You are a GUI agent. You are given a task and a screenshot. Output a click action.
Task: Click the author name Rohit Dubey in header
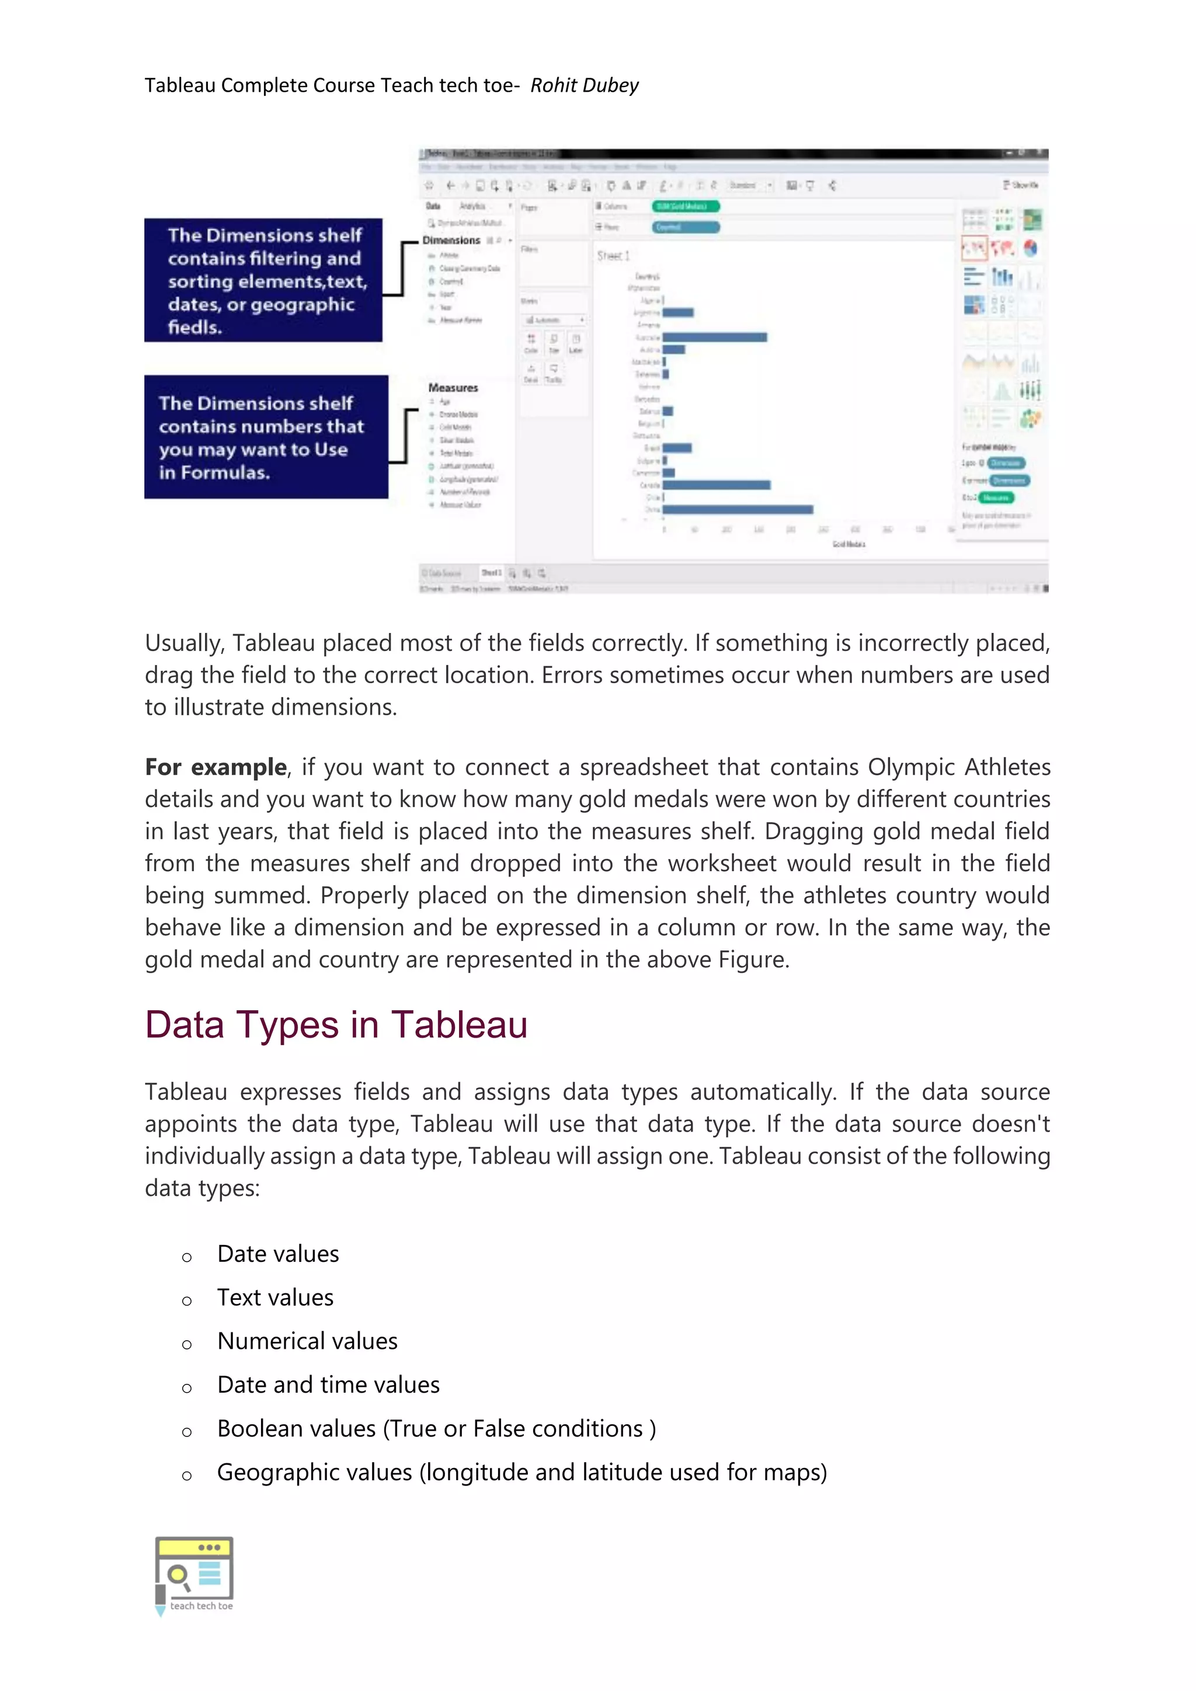pyautogui.click(x=584, y=85)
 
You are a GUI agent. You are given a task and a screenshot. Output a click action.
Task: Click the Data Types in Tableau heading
pyautogui.click(x=336, y=1025)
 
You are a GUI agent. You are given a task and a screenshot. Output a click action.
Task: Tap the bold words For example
pyautogui.click(x=215, y=767)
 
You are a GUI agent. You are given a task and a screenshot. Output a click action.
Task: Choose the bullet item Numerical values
pyautogui.click(x=307, y=1341)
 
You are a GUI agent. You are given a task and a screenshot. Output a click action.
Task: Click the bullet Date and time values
pyautogui.click(x=328, y=1384)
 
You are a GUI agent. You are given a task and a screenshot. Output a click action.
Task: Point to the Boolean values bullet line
pyautogui.click(x=436, y=1428)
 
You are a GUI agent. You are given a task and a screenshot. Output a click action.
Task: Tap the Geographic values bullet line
pyautogui.click(x=521, y=1471)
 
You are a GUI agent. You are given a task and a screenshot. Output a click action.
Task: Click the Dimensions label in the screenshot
pyautogui.click(x=451, y=240)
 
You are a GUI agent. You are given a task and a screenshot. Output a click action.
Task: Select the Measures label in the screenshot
pyautogui.click(x=453, y=387)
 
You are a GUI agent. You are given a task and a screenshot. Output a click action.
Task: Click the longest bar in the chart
pyautogui.click(x=738, y=509)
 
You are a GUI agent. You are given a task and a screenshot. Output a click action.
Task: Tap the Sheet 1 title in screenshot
pyautogui.click(x=613, y=256)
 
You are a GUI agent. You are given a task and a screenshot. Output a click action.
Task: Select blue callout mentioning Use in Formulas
pyautogui.click(x=265, y=437)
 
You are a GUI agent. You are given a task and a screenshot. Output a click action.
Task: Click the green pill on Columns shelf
pyautogui.click(x=685, y=206)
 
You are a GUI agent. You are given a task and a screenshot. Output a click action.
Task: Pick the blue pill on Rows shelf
pyautogui.click(x=685, y=227)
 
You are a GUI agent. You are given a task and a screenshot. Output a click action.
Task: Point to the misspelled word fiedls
pyautogui.click(x=194, y=328)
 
